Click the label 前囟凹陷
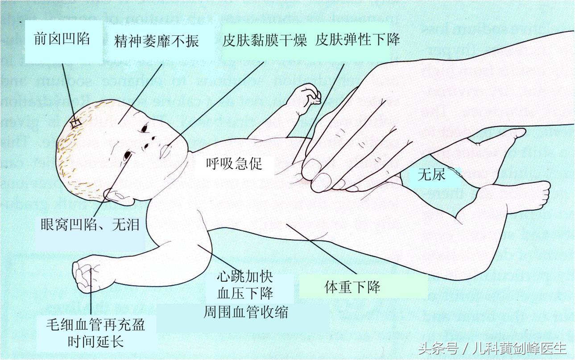point(62,40)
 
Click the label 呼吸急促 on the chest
point(234,164)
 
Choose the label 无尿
point(431,174)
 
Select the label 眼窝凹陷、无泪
point(90,224)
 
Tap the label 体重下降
point(352,287)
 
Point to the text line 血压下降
point(245,294)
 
